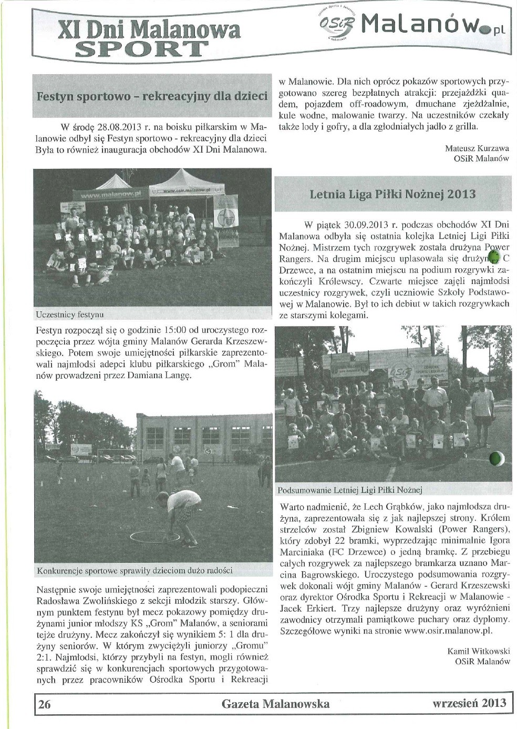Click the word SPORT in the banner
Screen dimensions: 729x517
(x=142, y=48)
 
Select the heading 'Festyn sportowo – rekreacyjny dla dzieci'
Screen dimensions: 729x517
(x=152, y=97)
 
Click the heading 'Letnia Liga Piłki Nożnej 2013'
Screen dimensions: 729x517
(x=392, y=194)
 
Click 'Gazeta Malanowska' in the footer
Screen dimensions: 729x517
(x=276, y=704)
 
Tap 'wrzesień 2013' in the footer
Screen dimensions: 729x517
(x=469, y=703)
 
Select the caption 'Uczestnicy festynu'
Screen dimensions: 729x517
(x=69, y=315)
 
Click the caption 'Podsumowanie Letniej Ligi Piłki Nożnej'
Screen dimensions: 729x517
(x=350, y=490)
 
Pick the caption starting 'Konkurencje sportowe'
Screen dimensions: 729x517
(x=135, y=570)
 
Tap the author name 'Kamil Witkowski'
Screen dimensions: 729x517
(x=479, y=651)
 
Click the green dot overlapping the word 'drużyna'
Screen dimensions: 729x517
(x=494, y=257)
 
